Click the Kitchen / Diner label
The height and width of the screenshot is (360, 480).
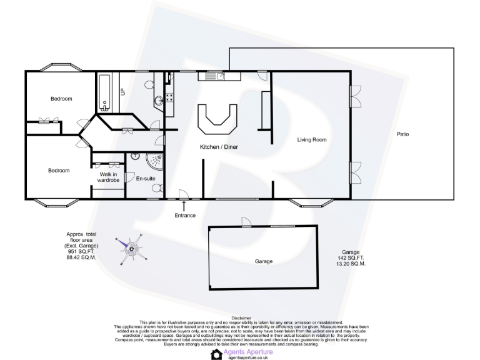[x=218, y=147]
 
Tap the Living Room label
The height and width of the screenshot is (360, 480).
[x=312, y=139]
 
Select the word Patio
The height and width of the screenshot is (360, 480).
[x=403, y=134]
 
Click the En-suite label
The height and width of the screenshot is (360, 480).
[x=145, y=179]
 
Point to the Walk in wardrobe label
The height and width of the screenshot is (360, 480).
[x=107, y=177]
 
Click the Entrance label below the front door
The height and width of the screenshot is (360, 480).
[x=185, y=216]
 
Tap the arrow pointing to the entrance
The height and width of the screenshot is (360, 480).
[x=184, y=204]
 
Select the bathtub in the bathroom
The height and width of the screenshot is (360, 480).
[x=104, y=92]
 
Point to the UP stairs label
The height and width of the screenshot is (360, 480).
[x=122, y=91]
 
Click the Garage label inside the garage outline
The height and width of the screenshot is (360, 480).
[x=264, y=261]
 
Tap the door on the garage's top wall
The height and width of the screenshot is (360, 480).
[x=246, y=222]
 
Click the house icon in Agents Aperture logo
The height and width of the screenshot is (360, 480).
[x=217, y=354]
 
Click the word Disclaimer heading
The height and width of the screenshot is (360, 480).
[x=241, y=317]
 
